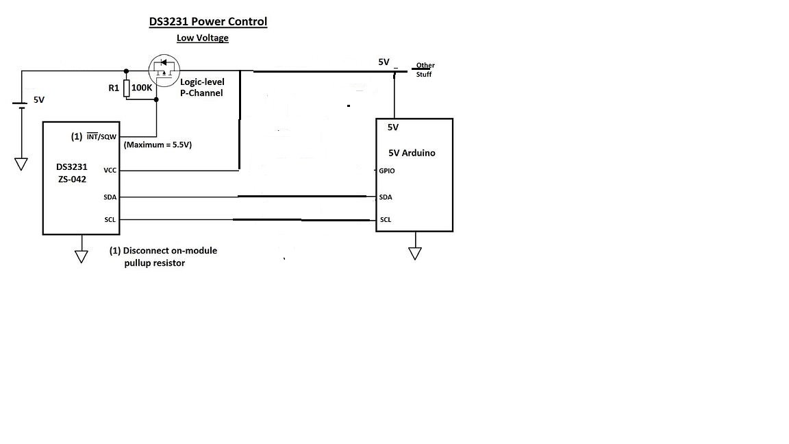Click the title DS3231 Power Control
(x=208, y=22)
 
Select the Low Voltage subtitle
(x=202, y=38)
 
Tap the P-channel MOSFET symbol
(x=164, y=71)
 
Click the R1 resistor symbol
(x=126, y=88)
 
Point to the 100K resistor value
(x=141, y=88)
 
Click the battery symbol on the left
(x=21, y=105)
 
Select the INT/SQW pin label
(x=101, y=136)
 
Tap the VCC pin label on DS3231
(x=110, y=170)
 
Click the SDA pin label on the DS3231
(x=110, y=197)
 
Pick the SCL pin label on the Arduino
(x=386, y=219)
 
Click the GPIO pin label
(x=387, y=171)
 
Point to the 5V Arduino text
(x=412, y=153)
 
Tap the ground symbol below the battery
(x=21, y=164)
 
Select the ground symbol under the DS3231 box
(x=82, y=256)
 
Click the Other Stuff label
(x=425, y=69)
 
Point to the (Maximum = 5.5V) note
(x=158, y=145)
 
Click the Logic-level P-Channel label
(x=202, y=87)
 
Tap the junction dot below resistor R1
(x=156, y=99)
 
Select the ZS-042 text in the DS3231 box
(x=72, y=180)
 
